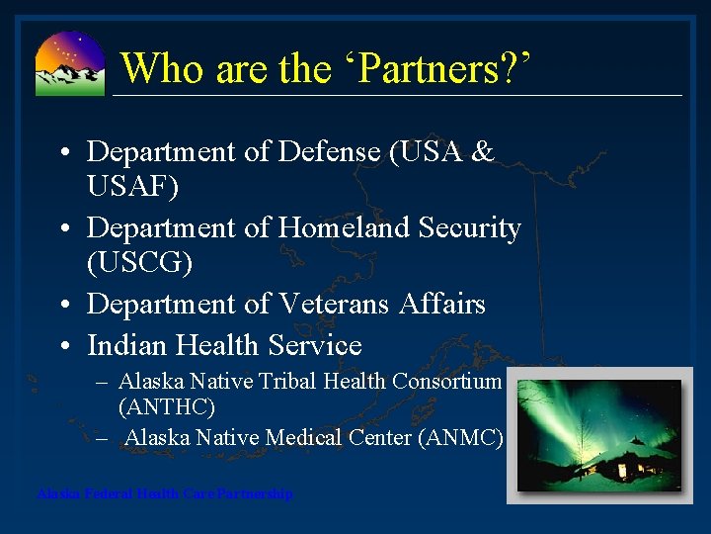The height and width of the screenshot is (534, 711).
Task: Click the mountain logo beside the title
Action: [x=69, y=63]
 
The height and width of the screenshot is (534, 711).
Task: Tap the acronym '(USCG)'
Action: [x=139, y=263]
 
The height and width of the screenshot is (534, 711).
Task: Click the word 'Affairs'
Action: [x=441, y=304]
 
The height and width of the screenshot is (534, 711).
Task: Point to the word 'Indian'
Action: [x=126, y=345]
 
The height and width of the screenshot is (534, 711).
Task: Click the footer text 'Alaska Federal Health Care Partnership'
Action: [x=164, y=493]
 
